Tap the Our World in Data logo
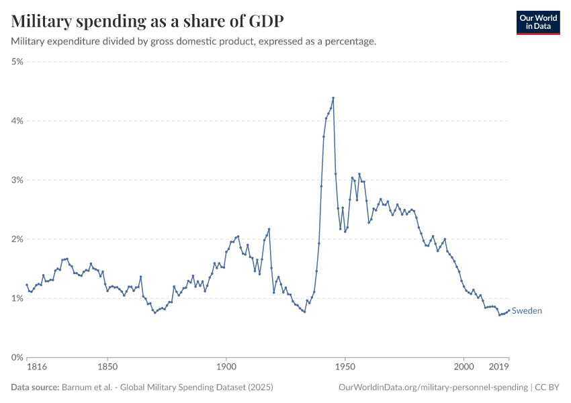click(537, 22)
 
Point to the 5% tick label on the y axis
click(17, 62)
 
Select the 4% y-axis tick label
click(17, 121)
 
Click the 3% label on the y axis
click(17, 180)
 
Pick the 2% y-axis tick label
click(17, 239)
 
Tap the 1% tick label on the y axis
click(17, 298)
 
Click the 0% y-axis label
click(17, 357)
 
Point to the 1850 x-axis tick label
click(107, 368)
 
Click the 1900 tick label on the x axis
click(226, 368)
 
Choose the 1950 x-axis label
click(345, 368)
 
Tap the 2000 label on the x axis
click(464, 368)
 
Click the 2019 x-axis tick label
click(498, 368)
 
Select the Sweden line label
click(527, 311)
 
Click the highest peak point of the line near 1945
click(333, 98)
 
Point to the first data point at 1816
click(27, 285)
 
